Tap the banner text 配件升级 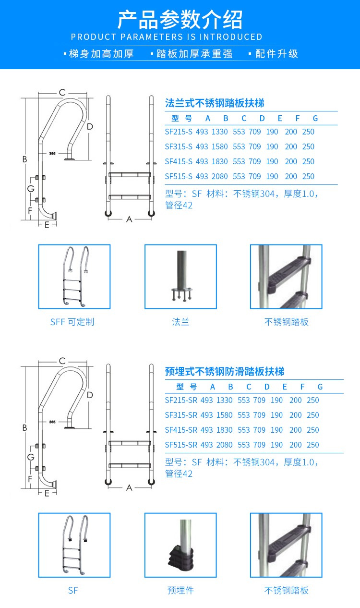coord(276,54)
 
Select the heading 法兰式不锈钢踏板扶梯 coord(215,103)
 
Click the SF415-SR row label coord(181,430)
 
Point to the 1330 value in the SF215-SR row coord(224,401)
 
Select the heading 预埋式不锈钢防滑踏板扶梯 coord(224,372)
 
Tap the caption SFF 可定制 coord(72,322)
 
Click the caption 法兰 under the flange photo coord(180,322)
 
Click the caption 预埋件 coord(180,591)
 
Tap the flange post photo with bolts coord(180,277)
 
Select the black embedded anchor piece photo coord(180,545)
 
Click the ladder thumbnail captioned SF coord(74,545)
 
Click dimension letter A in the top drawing coord(129,219)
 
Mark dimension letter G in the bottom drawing coord(31,457)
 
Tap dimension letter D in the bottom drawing coord(90,395)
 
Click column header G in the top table coord(315,119)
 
